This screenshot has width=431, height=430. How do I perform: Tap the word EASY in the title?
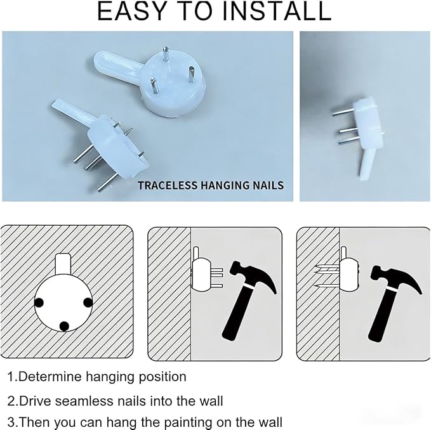[x=133, y=11]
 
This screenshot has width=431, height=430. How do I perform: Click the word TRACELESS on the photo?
[x=168, y=185]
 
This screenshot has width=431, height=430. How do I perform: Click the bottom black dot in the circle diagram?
[x=64, y=326]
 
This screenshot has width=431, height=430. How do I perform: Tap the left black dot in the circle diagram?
[x=39, y=303]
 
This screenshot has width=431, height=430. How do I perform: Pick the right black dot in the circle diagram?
[x=88, y=303]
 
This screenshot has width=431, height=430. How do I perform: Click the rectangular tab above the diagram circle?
[x=63, y=264]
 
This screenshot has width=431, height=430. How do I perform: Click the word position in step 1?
[x=162, y=377]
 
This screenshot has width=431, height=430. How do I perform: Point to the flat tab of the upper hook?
[x=117, y=65]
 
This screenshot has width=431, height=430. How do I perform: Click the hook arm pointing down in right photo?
[x=366, y=162]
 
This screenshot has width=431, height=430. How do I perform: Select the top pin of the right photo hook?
[x=343, y=112]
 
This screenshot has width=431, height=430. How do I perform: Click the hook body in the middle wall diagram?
[x=201, y=275]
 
